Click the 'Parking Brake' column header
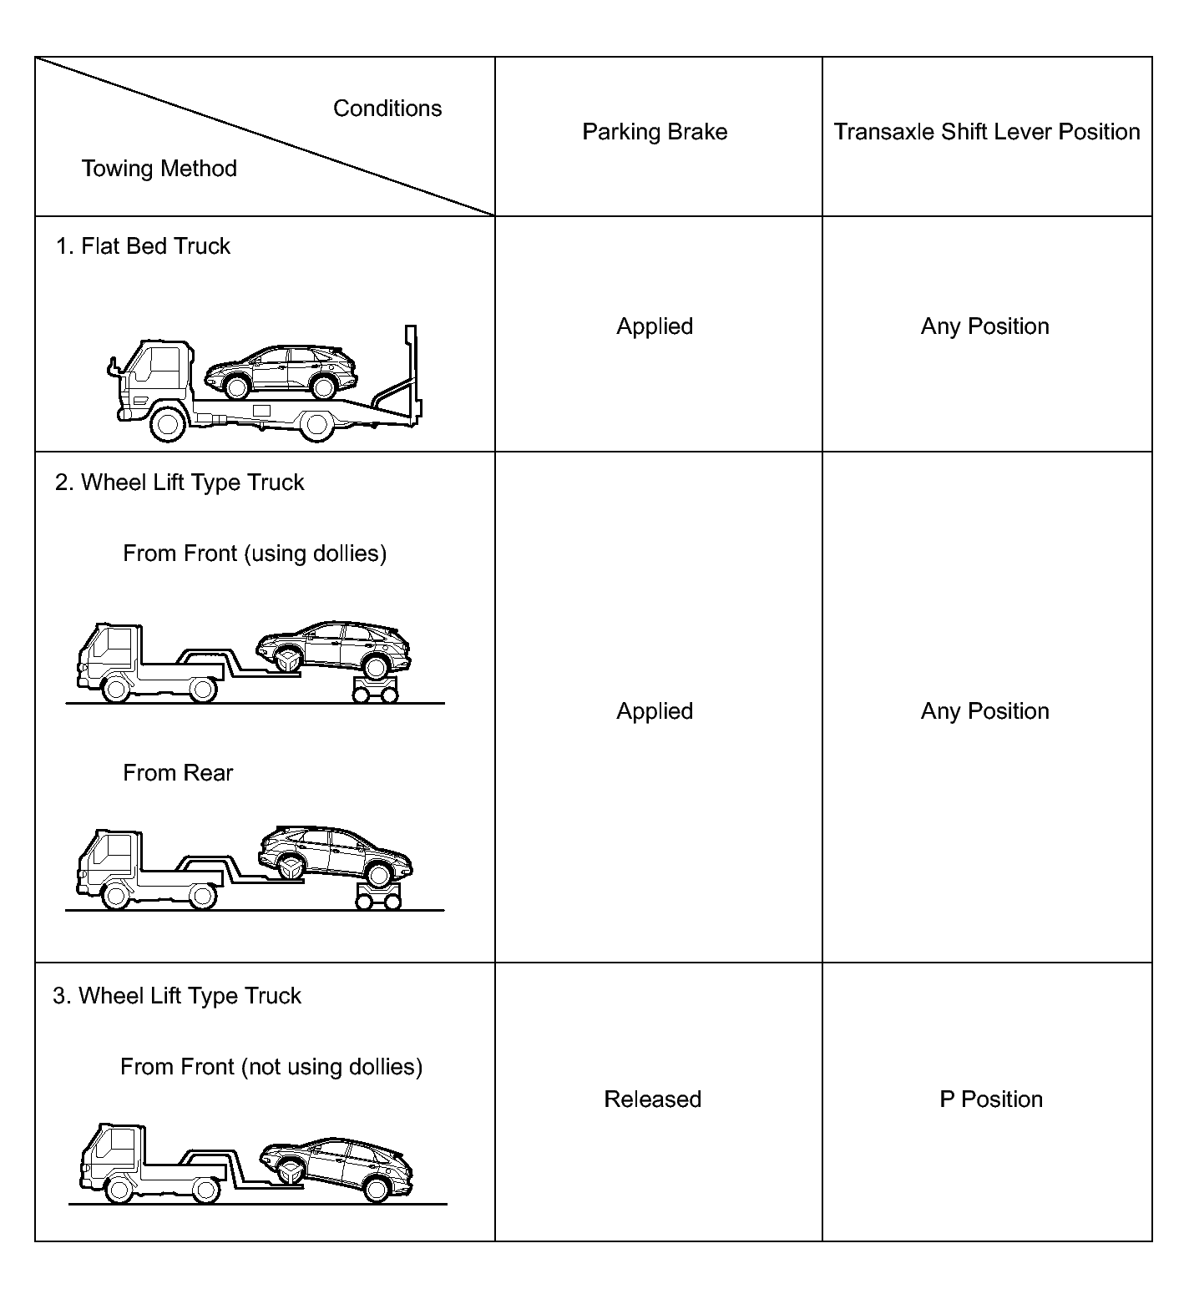click(655, 132)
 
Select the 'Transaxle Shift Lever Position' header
click(986, 132)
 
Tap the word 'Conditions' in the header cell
click(387, 109)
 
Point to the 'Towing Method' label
click(159, 169)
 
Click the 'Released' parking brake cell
click(652, 1099)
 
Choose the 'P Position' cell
click(990, 1099)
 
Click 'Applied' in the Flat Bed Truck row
click(655, 326)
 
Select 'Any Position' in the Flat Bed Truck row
click(984, 326)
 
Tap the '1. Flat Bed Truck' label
click(143, 246)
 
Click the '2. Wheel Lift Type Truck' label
click(180, 483)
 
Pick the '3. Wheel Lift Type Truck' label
click(177, 996)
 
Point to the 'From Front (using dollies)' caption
click(255, 553)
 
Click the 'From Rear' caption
click(178, 773)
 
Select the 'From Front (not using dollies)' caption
click(271, 1067)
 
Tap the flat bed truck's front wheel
click(167, 424)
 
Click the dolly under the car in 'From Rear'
click(378, 897)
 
